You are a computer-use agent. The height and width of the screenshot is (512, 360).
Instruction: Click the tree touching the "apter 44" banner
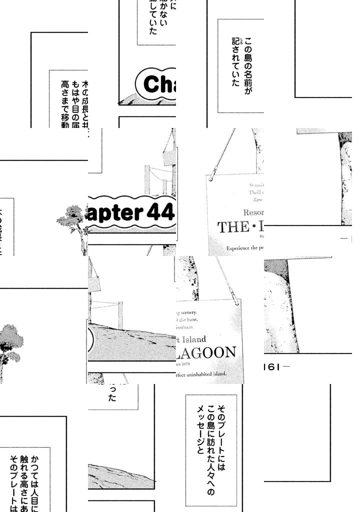[x=73, y=220]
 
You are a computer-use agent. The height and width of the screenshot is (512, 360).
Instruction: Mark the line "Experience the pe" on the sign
[x=245, y=248]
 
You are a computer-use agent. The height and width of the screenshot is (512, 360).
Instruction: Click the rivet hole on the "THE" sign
[x=211, y=178]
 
